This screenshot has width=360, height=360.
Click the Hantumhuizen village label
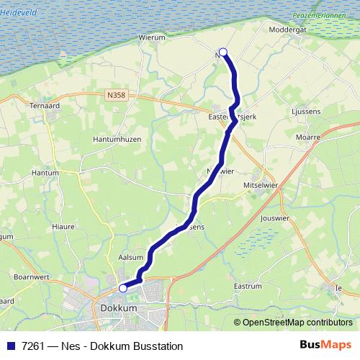[x=117, y=139]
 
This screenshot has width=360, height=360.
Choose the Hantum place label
[x=45, y=174]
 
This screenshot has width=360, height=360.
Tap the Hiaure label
[x=63, y=226]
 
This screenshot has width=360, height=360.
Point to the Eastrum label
[x=248, y=287]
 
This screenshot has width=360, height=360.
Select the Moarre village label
[x=307, y=136]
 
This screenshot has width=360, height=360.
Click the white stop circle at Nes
[x=223, y=52]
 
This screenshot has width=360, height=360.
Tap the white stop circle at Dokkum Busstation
[x=123, y=288]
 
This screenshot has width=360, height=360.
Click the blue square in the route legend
[x=11, y=346]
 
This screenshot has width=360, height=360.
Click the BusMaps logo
[x=325, y=346]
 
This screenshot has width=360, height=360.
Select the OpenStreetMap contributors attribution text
[x=297, y=323]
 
